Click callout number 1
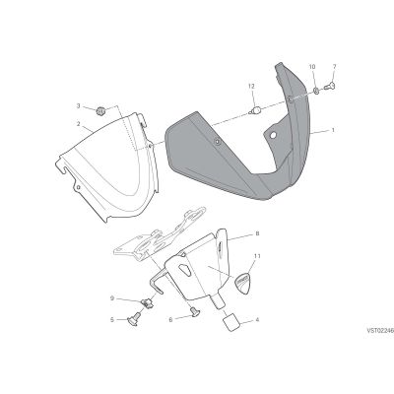[x=333, y=130]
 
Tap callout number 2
[x=78, y=124]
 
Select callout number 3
[x=78, y=105]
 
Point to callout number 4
[x=257, y=319]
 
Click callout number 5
[x=112, y=319]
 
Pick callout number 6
[x=170, y=319]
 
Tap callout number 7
[x=334, y=67]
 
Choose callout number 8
[x=257, y=233]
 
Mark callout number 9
[x=112, y=298]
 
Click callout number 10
[x=312, y=67]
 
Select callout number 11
[x=257, y=255]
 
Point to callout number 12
[x=251, y=86]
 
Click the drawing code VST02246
[x=380, y=331]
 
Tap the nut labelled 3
[x=100, y=111]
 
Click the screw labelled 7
[x=330, y=87]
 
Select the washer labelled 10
[x=315, y=90]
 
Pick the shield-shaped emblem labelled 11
[x=242, y=282]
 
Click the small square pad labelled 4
[x=231, y=323]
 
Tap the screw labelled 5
[x=134, y=318]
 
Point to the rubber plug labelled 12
[x=255, y=109]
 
